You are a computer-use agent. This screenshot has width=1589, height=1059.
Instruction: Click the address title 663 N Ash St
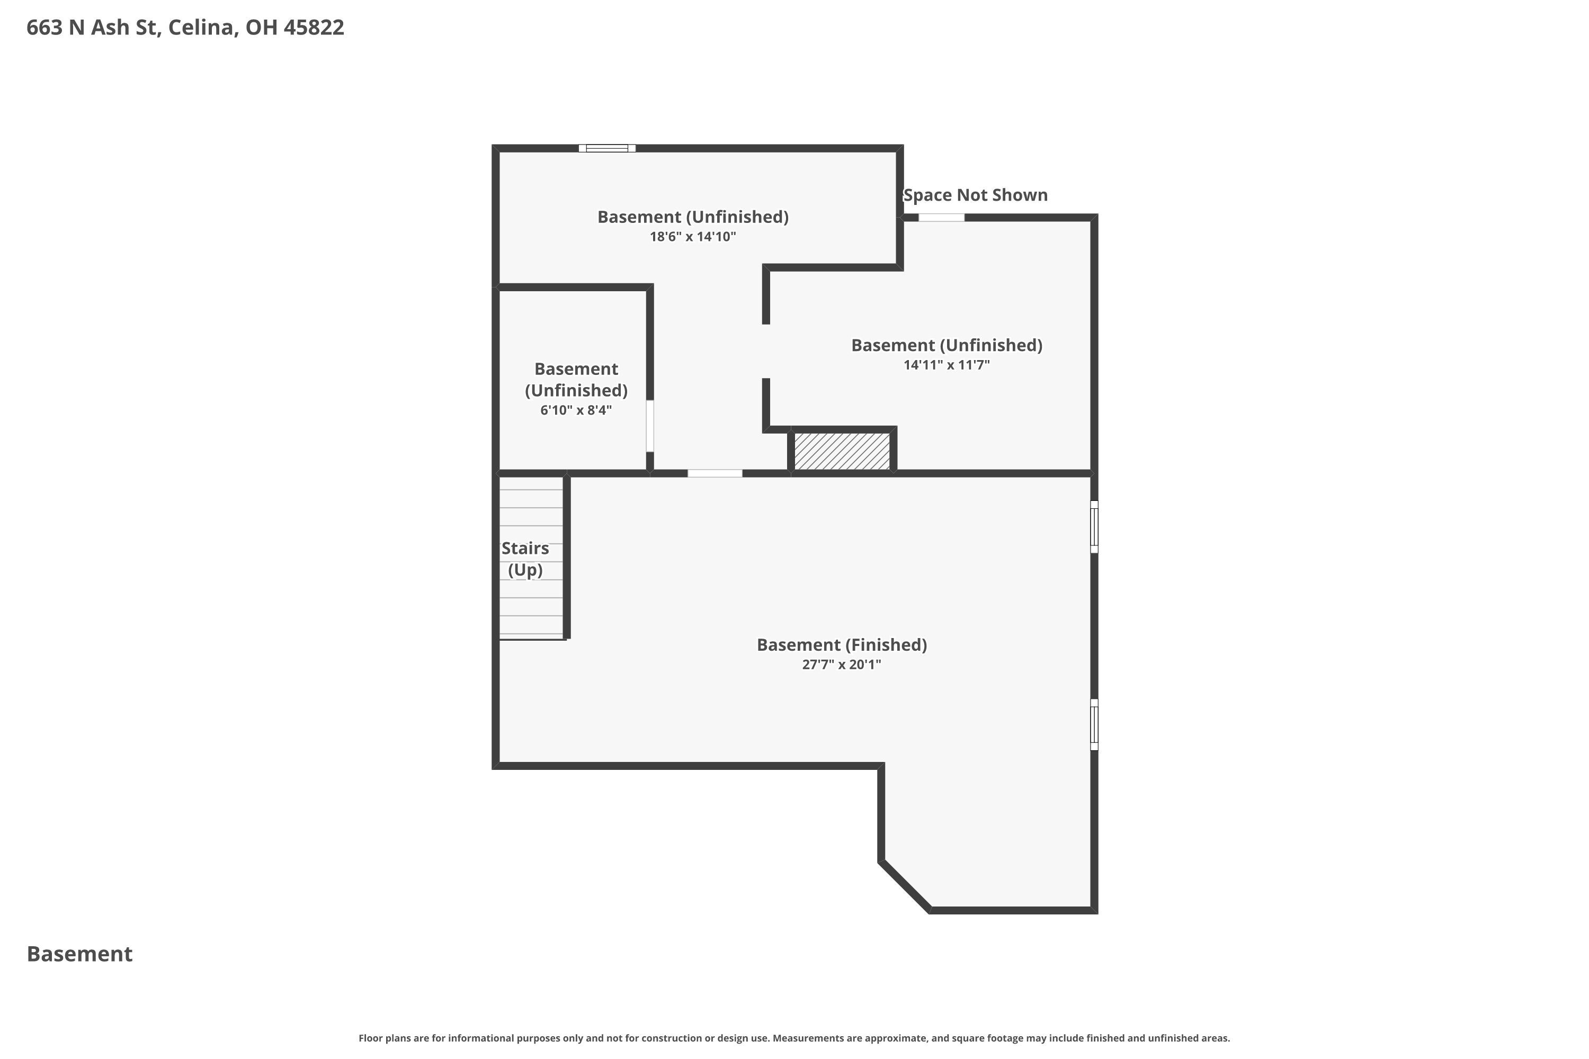185,28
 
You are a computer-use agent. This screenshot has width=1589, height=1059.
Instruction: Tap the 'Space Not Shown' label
975,195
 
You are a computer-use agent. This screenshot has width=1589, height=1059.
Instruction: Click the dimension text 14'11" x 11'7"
946,365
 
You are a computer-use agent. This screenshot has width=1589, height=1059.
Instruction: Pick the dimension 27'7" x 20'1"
841,665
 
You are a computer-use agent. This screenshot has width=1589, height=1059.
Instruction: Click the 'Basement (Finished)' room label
841,645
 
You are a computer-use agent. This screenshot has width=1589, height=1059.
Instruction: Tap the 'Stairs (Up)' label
525,559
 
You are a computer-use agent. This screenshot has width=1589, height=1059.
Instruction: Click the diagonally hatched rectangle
842,451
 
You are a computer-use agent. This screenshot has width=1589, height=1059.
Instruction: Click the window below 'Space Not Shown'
941,218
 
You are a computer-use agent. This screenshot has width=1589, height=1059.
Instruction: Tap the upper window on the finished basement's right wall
1094,527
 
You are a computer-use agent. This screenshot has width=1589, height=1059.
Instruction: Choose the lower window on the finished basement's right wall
1094,725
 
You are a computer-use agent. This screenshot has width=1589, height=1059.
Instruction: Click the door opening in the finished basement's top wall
715,473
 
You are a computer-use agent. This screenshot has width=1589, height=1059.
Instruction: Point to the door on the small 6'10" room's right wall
650,426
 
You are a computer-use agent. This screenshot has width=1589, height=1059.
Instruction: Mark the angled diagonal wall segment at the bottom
905,886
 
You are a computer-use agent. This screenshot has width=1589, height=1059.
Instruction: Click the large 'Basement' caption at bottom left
80,954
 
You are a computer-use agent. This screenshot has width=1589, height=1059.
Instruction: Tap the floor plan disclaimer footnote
794,1038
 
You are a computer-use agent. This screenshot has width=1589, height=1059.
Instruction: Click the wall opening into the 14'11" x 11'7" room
766,351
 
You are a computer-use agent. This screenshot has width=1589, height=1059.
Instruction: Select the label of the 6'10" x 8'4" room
576,380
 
